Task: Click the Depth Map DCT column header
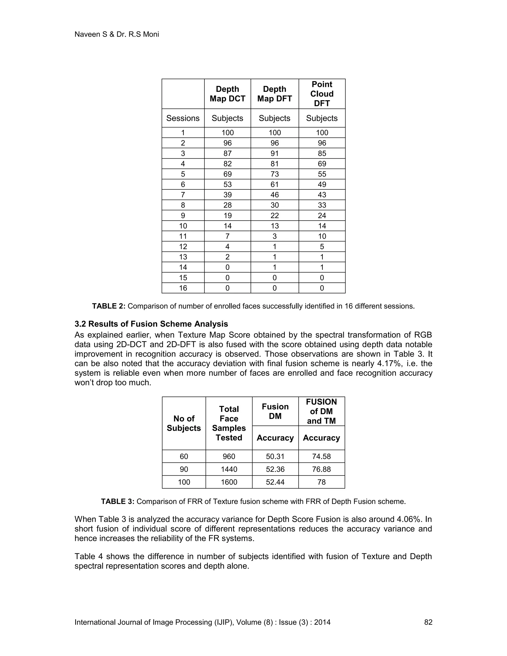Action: click(x=227, y=94)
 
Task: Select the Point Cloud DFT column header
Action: click(x=322, y=94)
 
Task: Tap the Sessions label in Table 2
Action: click(x=183, y=118)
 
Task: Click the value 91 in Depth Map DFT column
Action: click(x=274, y=153)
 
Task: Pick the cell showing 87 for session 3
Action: click(x=227, y=153)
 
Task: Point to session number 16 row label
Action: click(x=183, y=288)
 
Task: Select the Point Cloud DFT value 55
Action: click(x=322, y=174)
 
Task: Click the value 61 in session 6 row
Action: click(x=274, y=184)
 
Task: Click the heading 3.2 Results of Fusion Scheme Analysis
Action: click(x=151, y=324)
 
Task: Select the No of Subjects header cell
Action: click(x=184, y=423)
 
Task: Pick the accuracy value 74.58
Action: click(x=321, y=456)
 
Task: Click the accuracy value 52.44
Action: click(x=275, y=482)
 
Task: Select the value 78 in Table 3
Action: click(x=321, y=482)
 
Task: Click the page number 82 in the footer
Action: click(x=428, y=622)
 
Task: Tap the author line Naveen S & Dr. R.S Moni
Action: click(x=117, y=34)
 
